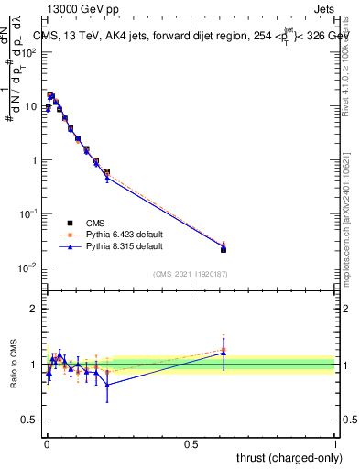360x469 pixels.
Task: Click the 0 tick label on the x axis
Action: point(46,442)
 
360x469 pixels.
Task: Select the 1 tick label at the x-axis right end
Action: point(334,442)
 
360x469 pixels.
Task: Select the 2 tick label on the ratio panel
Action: point(34,309)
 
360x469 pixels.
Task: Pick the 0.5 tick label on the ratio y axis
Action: point(30,420)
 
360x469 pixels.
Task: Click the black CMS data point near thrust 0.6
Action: point(224,249)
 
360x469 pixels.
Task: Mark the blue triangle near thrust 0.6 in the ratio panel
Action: point(224,352)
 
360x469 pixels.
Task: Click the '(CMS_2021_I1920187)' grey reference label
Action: point(190,274)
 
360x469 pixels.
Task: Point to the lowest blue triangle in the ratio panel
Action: point(107,385)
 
